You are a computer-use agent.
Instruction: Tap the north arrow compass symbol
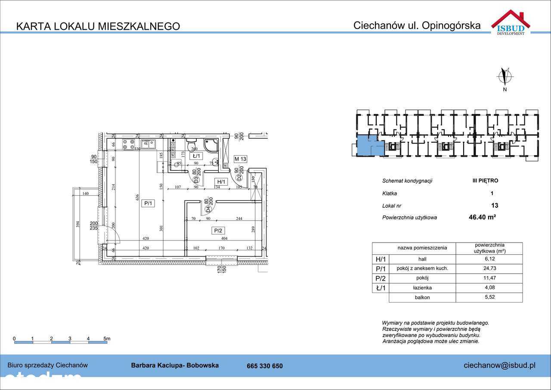[x=505, y=77]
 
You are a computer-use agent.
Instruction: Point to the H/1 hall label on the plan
[x=221, y=182]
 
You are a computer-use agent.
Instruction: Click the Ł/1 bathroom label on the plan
[x=197, y=156]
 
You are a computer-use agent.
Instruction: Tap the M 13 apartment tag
[x=240, y=159]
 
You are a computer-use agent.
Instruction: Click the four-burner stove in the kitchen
[x=128, y=144]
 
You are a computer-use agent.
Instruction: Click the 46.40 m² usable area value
[x=482, y=217]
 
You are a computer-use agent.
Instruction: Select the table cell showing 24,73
[x=489, y=268]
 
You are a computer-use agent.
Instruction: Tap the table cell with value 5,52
[x=489, y=297]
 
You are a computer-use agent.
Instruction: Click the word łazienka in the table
[x=422, y=287]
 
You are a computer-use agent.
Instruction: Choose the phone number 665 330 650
[x=265, y=366]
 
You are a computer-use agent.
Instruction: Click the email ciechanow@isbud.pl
[x=499, y=365]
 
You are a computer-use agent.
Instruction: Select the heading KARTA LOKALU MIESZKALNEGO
[x=98, y=26]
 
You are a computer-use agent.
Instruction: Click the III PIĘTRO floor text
[x=485, y=181]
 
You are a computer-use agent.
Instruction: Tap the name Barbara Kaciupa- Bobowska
[x=175, y=365]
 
